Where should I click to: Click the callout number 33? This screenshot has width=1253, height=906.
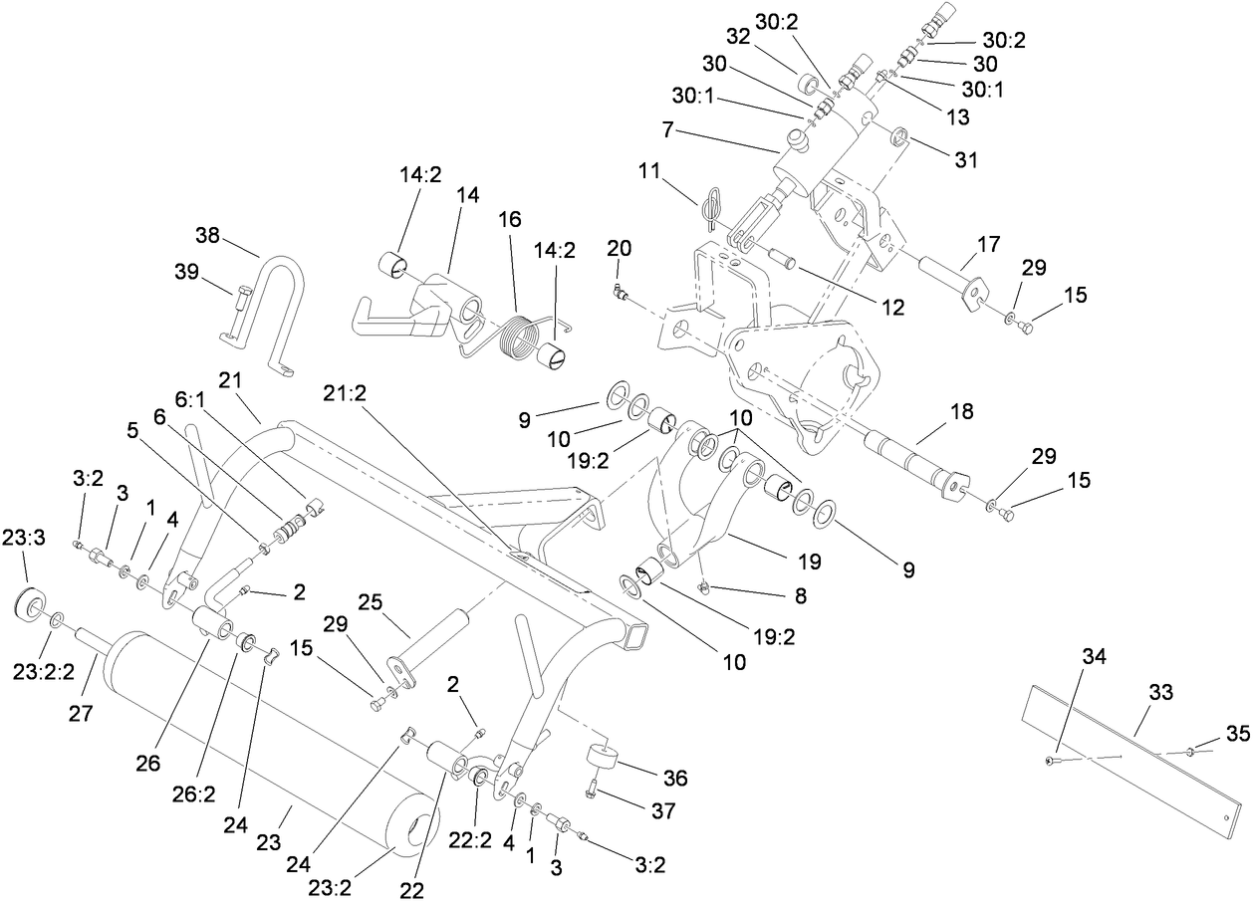(1162, 692)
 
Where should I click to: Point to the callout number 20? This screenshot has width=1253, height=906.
(619, 247)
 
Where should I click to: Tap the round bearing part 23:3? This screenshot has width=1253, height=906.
(31, 606)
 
